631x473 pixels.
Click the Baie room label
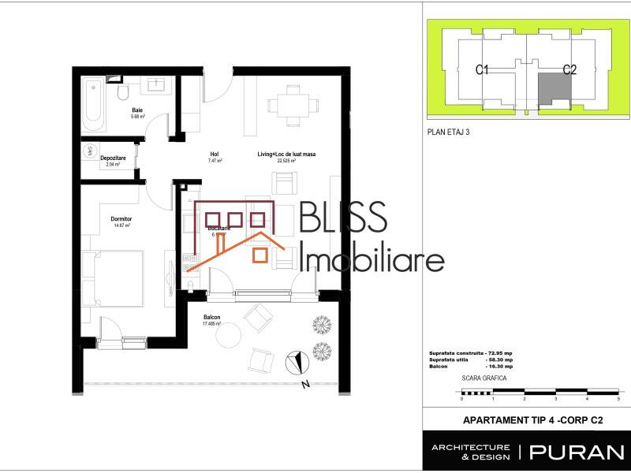[137, 110]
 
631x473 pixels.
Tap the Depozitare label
[110, 158]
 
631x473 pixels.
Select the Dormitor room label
[121, 218]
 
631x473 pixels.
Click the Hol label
[214, 154]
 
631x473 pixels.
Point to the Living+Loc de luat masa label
[286, 154]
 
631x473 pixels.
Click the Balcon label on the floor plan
[211, 318]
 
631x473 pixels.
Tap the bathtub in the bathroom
[93, 102]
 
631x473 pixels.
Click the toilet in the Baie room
[122, 94]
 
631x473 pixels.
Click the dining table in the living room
[293, 106]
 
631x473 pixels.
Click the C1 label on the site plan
[484, 70]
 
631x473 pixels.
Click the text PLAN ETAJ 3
[446, 132]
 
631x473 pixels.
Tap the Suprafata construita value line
[465, 352]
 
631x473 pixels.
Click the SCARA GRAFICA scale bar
[541, 391]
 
